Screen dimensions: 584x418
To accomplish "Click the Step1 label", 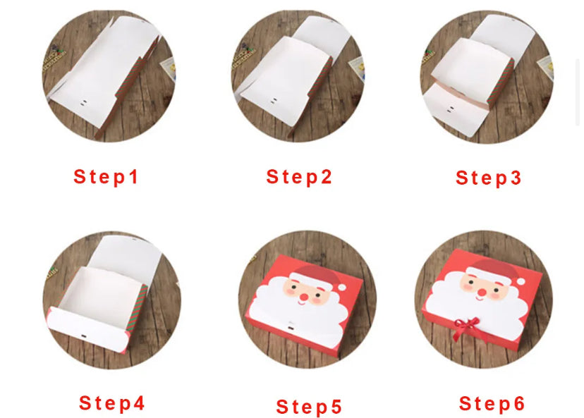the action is [x=106, y=177].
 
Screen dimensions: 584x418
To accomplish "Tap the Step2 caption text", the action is [x=299, y=177].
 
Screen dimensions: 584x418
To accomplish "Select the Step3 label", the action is [x=488, y=178].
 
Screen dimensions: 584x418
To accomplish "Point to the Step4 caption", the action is [x=111, y=403].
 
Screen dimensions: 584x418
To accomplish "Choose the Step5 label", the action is [x=309, y=407].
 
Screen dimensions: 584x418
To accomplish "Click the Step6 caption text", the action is [x=492, y=403].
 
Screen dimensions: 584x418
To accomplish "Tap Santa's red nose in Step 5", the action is [x=304, y=297].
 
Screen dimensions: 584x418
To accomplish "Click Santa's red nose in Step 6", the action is [x=482, y=293].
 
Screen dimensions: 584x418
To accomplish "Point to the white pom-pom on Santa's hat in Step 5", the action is [x=342, y=287].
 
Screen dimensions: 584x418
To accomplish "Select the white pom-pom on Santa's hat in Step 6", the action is [x=521, y=281].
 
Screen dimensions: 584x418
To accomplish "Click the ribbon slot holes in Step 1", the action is [x=83, y=102].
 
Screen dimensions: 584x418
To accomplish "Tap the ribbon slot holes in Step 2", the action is [x=274, y=101].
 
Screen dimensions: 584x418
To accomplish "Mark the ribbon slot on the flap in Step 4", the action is [x=83, y=337].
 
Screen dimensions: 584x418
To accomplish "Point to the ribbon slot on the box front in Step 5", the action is [x=291, y=328].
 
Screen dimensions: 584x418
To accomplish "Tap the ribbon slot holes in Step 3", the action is [x=451, y=109].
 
